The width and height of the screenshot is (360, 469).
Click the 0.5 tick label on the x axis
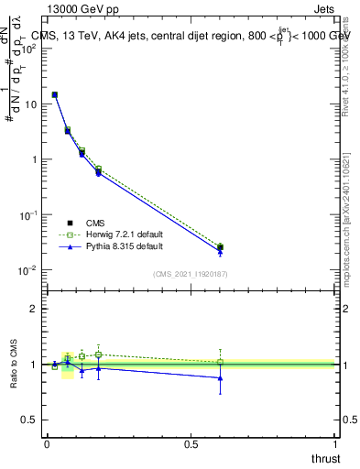pyautogui.click(x=191, y=444)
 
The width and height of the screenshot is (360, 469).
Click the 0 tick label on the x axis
pyautogui.click(x=47, y=444)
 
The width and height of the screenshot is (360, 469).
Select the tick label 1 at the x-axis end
pyautogui.click(x=337, y=444)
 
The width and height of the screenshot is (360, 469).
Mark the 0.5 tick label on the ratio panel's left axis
pyautogui.click(x=30, y=420)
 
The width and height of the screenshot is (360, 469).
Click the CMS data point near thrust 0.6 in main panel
pyautogui.click(x=221, y=247)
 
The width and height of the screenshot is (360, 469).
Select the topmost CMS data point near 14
pyautogui.click(x=55, y=94)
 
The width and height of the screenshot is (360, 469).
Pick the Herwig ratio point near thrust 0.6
pyautogui.click(x=221, y=362)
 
